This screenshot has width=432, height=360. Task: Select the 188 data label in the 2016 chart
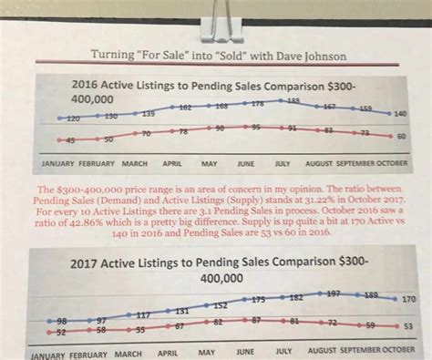pyautogui.click(x=293, y=100)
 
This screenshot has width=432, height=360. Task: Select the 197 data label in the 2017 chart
pyautogui.click(x=334, y=294)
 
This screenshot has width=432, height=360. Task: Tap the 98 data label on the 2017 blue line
pyautogui.click(x=61, y=323)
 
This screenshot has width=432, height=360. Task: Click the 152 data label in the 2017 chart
pyautogui.click(x=221, y=305)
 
